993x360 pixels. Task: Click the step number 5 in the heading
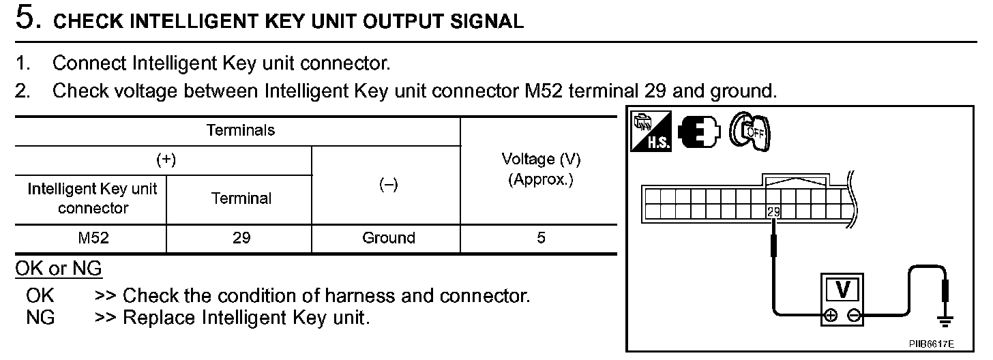click(x=26, y=19)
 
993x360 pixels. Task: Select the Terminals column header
click(x=241, y=130)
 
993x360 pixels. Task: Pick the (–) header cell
click(x=388, y=185)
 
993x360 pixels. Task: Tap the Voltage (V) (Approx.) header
click(x=541, y=170)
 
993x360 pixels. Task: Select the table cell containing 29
click(x=241, y=238)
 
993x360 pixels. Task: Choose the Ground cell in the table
click(x=388, y=238)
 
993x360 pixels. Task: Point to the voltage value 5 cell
click(x=541, y=238)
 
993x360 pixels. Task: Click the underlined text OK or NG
click(x=59, y=269)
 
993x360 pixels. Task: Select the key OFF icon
click(x=748, y=131)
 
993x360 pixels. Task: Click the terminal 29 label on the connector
click(x=773, y=211)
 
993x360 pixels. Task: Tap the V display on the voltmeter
click(x=842, y=290)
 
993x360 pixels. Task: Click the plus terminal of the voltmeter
click(x=830, y=315)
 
